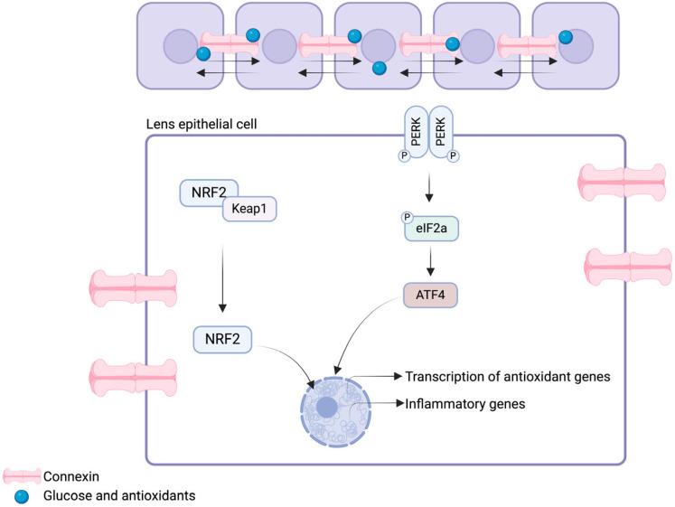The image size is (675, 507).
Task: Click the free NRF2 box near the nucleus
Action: click(x=222, y=339)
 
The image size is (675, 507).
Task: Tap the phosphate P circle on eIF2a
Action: click(x=408, y=217)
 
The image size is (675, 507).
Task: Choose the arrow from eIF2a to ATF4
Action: click(x=431, y=259)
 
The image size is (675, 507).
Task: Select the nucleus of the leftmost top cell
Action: click(x=180, y=44)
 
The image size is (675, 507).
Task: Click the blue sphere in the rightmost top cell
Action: click(x=566, y=37)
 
